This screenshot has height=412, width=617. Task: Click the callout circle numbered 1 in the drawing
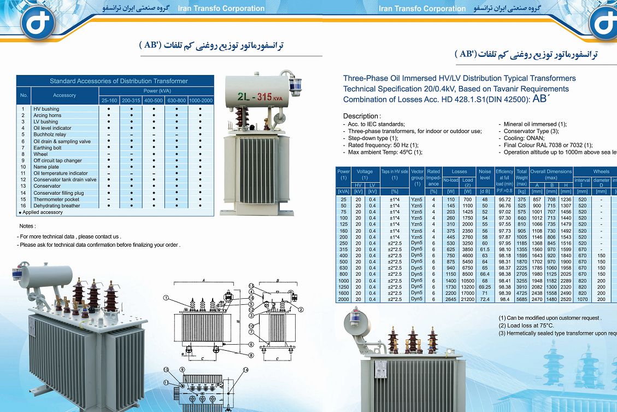pos(167,298)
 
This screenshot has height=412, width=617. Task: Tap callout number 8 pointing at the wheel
pos(251,355)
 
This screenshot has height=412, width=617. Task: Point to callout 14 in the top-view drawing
pos(246,370)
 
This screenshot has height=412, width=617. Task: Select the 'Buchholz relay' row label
pos(50,135)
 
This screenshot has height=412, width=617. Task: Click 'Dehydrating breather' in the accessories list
pos(57,206)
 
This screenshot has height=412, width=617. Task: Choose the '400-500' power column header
pos(154,101)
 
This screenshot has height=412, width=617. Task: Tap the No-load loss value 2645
pos(451,299)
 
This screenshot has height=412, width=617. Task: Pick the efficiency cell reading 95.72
pos(504,200)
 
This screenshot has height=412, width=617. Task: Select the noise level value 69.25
pos(484,287)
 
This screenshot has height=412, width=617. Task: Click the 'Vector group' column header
pos(417,177)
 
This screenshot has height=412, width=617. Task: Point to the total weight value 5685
pos(522,299)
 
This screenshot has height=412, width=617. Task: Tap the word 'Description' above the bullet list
pos(360,116)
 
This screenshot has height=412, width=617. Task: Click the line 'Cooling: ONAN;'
pos(523,138)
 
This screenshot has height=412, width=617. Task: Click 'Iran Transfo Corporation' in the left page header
pos(221,8)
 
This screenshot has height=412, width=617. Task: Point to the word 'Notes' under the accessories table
pos(27,226)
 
